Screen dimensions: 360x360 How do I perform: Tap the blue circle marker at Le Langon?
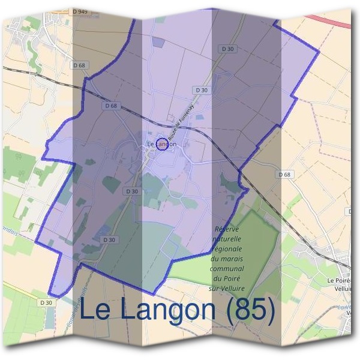click(x=161, y=144)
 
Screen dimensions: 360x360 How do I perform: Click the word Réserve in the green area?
click(x=226, y=230)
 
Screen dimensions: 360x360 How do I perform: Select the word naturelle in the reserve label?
click(x=226, y=239)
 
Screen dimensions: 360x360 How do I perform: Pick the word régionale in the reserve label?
click(x=226, y=249)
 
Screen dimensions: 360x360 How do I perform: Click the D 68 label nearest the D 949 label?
click(x=80, y=65)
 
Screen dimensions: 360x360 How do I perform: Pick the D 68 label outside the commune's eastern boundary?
click(x=285, y=174)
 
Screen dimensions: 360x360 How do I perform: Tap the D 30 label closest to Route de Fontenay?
click(x=202, y=90)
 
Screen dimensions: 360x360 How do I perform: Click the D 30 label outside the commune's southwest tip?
click(x=47, y=302)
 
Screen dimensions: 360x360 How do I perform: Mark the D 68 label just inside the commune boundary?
click(x=111, y=106)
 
